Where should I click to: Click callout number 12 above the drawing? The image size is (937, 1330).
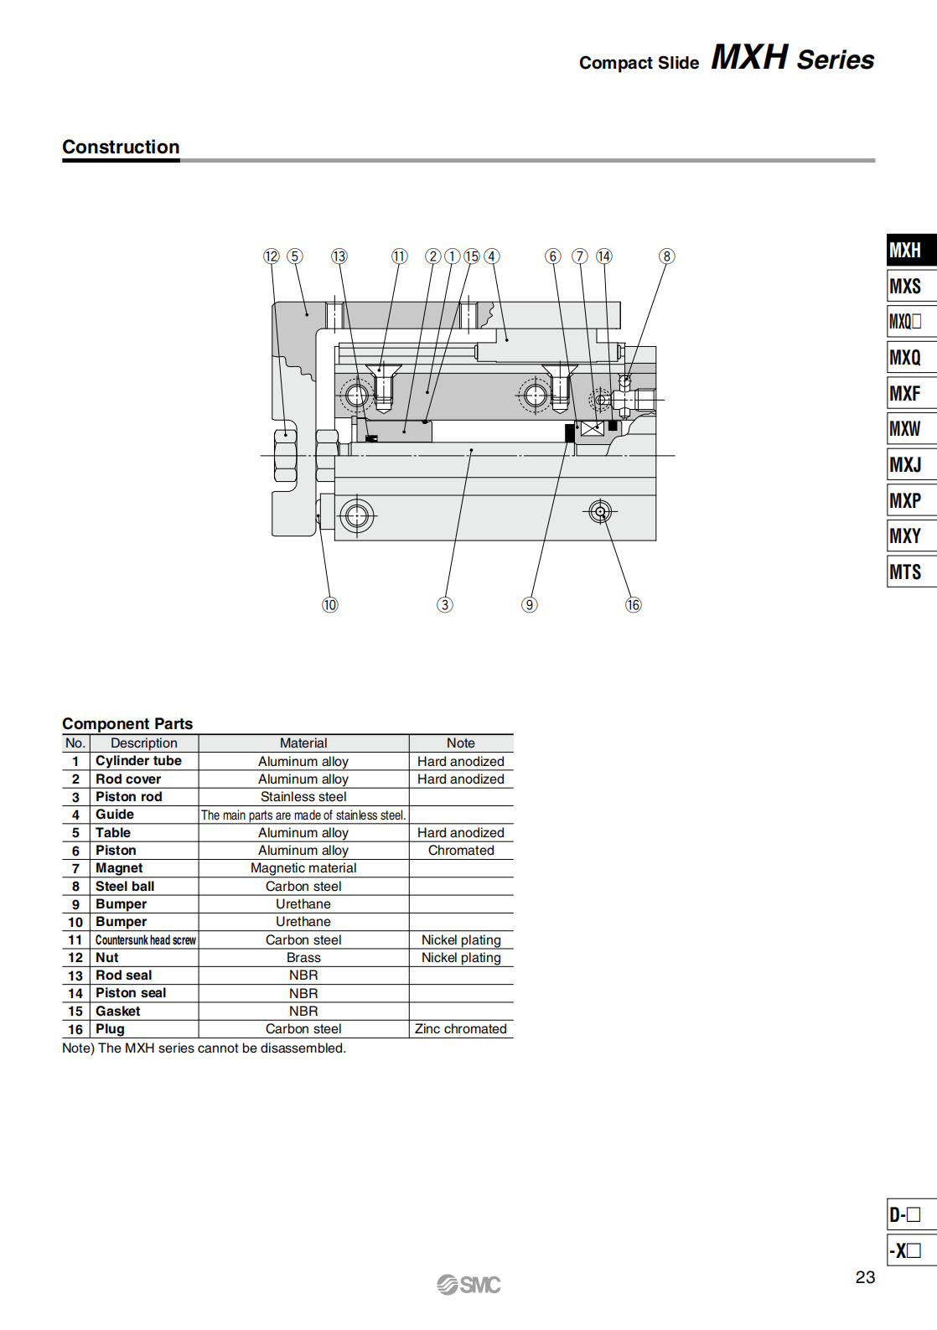click(x=271, y=256)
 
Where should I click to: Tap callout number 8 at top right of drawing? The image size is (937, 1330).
click(x=666, y=256)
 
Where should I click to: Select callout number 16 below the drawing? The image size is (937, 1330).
click(x=633, y=605)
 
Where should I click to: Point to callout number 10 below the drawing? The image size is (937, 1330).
click(x=330, y=605)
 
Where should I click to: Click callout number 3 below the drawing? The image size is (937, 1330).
click(x=445, y=605)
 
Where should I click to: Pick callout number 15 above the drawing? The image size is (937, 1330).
click(x=472, y=256)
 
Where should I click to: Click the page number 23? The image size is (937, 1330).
click(x=865, y=1277)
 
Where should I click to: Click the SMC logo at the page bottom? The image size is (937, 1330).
click(x=468, y=1285)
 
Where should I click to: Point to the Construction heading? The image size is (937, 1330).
click(x=121, y=147)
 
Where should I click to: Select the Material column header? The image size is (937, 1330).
click(x=303, y=743)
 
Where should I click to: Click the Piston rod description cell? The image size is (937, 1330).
click(x=129, y=797)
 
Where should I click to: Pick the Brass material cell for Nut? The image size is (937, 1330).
click(x=303, y=958)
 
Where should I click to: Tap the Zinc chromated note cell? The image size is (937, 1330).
click(x=461, y=1029)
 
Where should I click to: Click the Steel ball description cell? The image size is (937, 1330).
click(x=125, y=887)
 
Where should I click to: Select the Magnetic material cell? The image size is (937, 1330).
click(x=303, y=868)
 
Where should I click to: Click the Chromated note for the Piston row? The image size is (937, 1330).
click(x=461, y=851)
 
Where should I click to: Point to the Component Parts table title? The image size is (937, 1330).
click(x=127, y=724)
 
